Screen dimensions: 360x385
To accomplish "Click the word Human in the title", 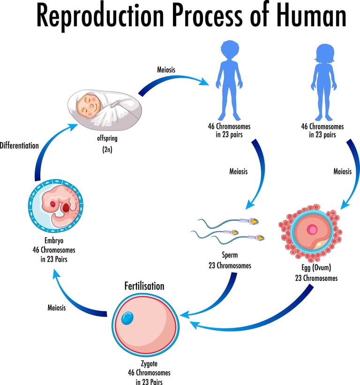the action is coord(311,15).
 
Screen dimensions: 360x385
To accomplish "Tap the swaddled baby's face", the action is coord(89,106).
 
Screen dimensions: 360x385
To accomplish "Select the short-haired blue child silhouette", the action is coord(229,80).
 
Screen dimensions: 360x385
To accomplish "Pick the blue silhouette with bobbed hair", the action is coord(324,82).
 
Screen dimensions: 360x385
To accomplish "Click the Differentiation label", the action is coord(19,145).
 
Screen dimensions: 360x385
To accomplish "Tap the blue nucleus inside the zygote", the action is coord(127,318).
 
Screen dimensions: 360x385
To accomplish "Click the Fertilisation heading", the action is coord(144,286).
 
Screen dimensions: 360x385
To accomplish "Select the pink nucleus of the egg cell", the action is coord(312,230).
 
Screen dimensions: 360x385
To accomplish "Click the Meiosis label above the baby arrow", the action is coord(166,70).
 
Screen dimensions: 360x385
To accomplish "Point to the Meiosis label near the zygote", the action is coord(57,308).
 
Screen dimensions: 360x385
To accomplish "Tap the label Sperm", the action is coord(230,255).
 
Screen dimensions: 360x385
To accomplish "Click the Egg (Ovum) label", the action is coord(316,267).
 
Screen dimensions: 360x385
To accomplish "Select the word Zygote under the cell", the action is coord(149,363).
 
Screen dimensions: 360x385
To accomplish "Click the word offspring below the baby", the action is coord(107,138).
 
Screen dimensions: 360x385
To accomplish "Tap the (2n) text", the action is coord(107,150).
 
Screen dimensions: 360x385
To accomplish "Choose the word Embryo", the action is coord(54,241).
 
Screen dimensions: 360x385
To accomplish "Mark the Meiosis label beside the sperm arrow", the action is coord(239,171).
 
